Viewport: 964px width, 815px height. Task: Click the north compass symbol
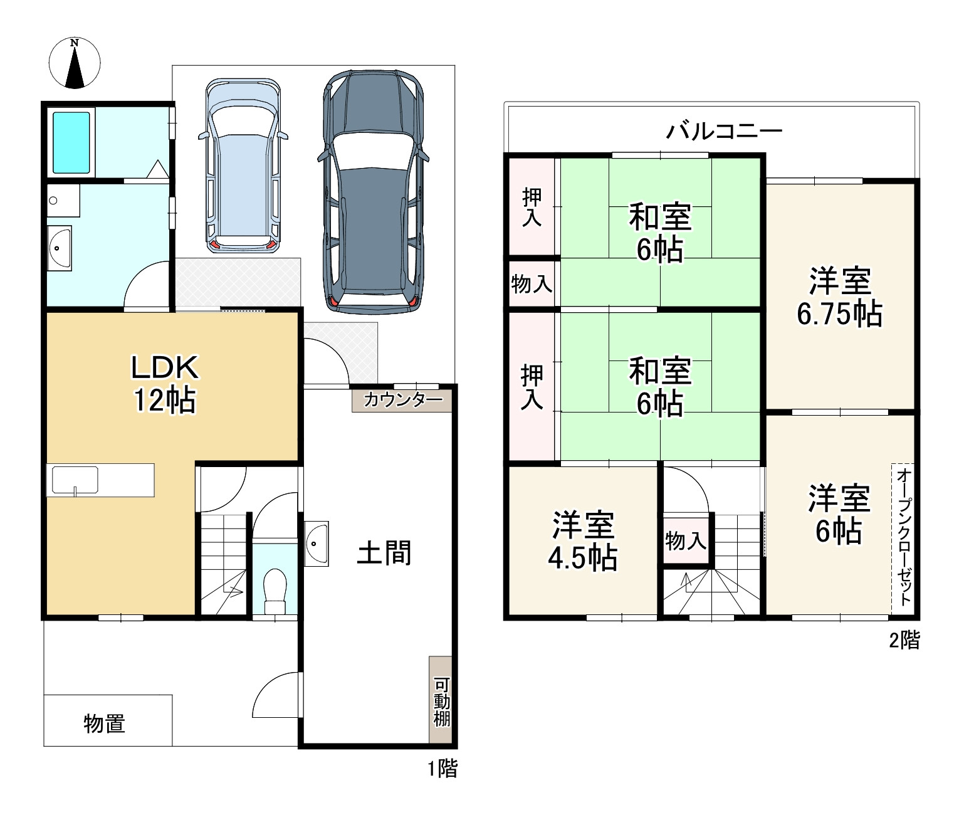75,63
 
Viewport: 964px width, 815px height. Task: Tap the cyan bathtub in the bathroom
71,142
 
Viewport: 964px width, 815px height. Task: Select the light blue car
243,166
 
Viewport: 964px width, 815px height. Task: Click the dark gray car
373,191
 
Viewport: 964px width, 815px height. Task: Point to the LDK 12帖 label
165,384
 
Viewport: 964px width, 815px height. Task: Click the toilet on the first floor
275,591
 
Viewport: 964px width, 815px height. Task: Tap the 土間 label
384,553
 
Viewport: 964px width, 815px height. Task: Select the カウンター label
402,400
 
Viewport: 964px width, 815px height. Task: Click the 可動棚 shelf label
441,702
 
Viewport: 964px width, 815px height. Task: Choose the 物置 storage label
105,723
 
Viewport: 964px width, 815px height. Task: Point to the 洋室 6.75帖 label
839,297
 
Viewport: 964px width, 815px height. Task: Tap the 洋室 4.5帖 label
582,541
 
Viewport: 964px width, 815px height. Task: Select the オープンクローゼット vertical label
904,538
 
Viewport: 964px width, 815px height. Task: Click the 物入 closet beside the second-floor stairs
686,540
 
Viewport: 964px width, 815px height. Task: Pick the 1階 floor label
443,769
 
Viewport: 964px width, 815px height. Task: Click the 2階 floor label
904,640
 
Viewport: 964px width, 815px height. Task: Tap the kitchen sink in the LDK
75,480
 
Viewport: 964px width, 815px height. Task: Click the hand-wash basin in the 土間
316,544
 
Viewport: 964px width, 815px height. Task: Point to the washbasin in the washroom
59,248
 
